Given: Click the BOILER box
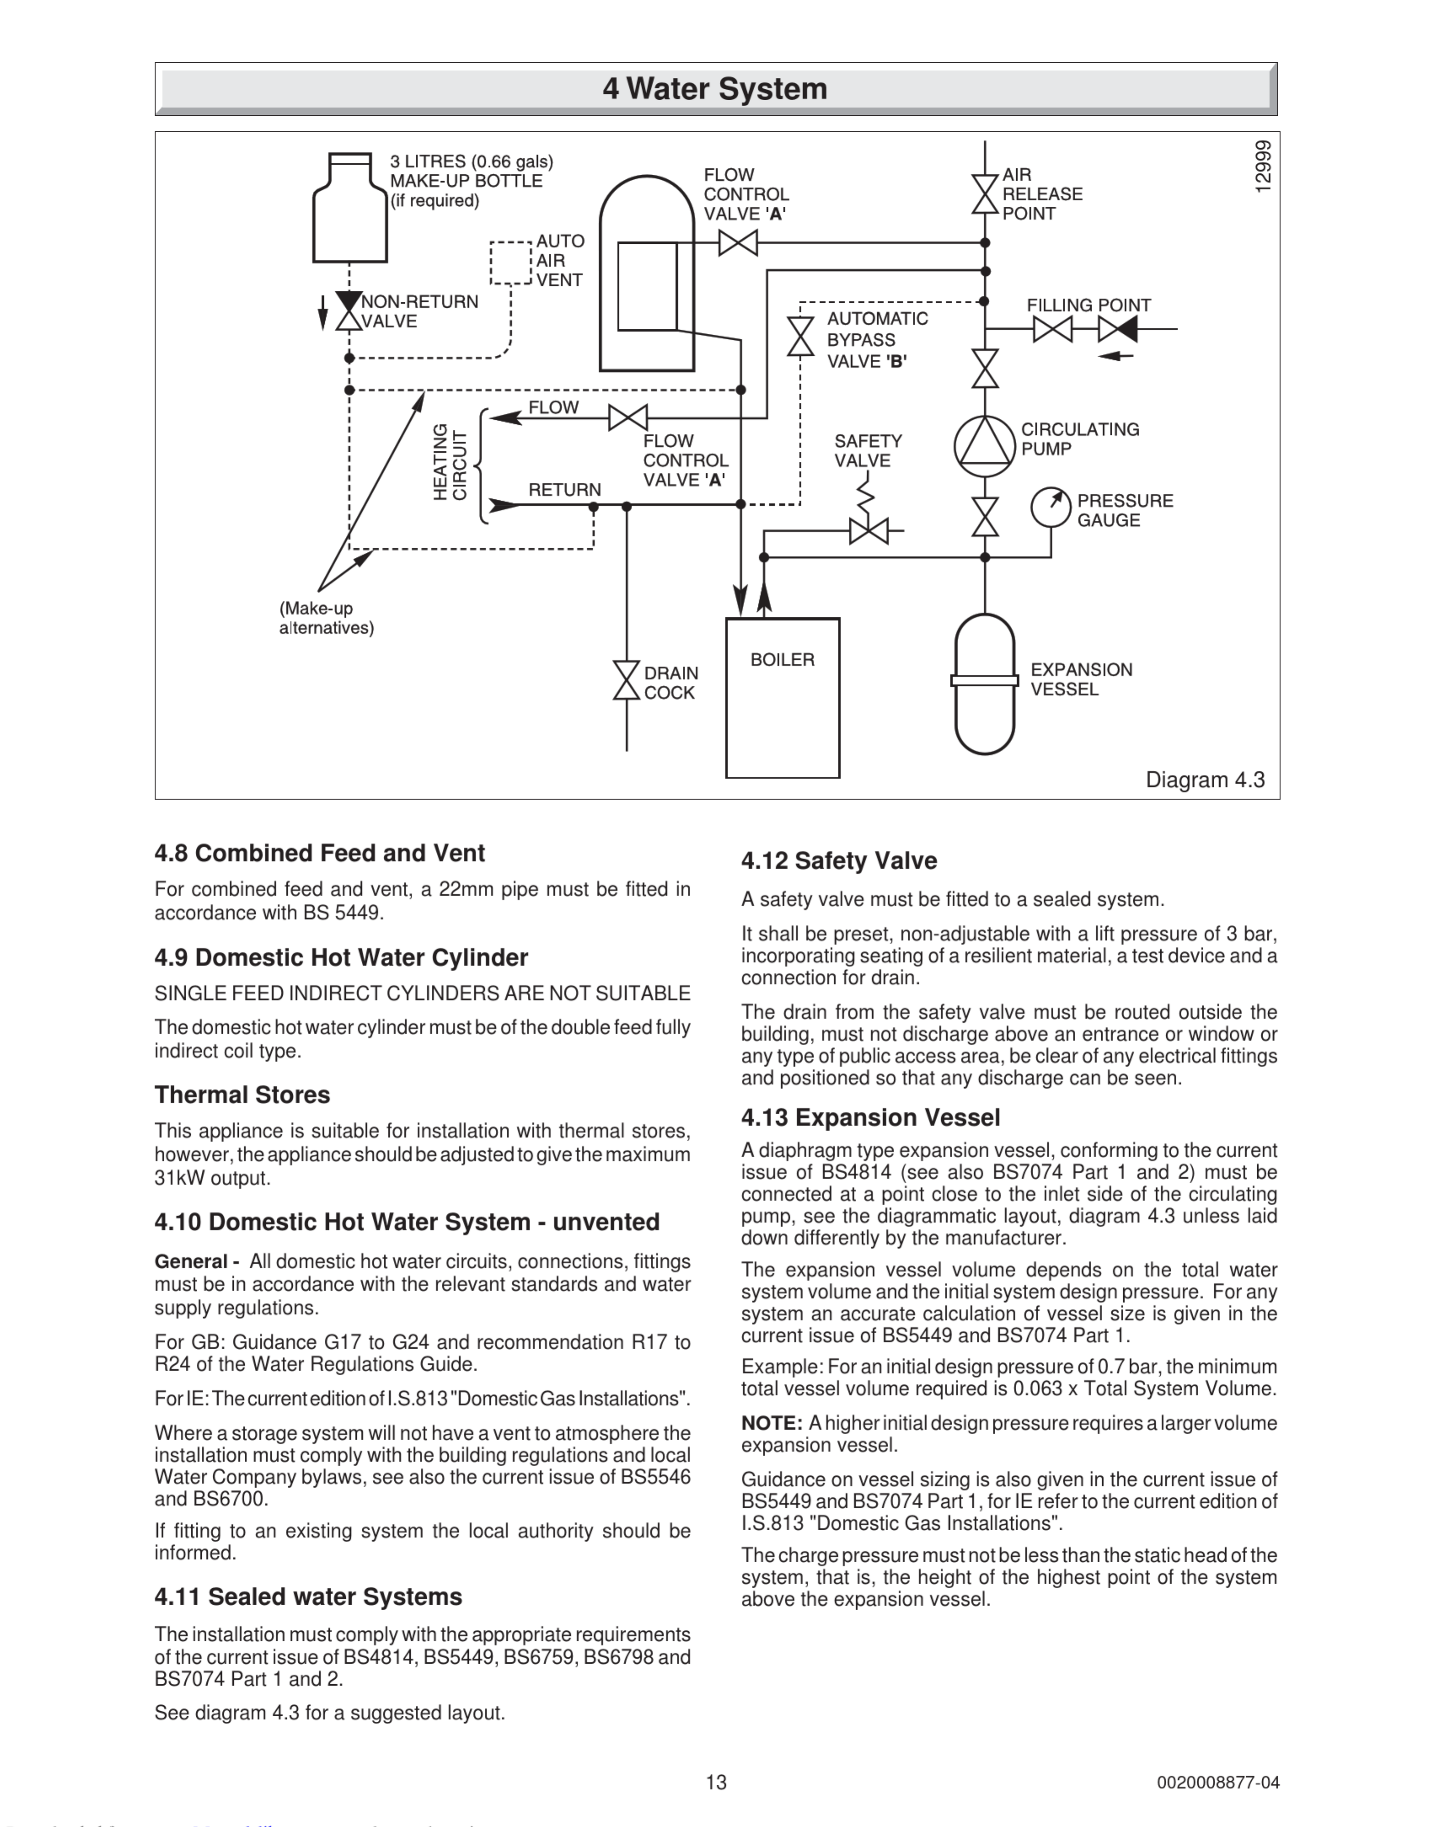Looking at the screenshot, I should [x=782, y=697].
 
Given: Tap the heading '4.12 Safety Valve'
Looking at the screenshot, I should [x=839, y=861].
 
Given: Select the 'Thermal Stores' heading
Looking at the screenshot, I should [x=242, y=1095].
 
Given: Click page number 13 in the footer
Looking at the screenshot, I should [x=716, y=1782].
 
